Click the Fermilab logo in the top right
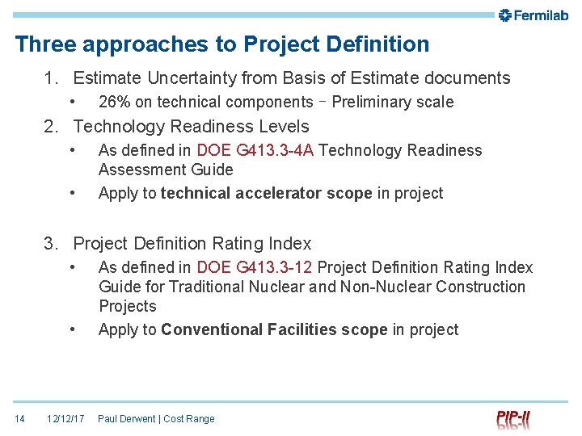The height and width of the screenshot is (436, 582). click(x=533, y=15)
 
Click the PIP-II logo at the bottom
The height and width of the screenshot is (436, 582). click(x=513, y=419)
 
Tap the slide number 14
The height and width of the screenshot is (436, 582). click(x=19, y=419)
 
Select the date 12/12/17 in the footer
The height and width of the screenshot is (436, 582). click(x=65, y=419)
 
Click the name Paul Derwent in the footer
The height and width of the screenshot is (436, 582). click(x=127, y=419)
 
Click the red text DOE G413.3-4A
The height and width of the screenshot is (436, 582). click(x=255, y=150)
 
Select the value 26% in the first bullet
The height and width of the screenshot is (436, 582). click(x=114, y=102)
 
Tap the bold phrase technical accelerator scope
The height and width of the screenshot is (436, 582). click(x=266, y=193)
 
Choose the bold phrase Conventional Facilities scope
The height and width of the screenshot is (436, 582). click(x=274, y=329)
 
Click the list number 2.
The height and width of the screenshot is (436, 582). click(x=51, y=127)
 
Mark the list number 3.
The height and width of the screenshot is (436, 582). click(x=51, y=244)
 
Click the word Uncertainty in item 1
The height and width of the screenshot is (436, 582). click(x=193, y=78)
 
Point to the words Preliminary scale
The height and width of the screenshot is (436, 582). click(x=393, y=102)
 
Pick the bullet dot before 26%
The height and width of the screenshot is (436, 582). click(x=73, y=102)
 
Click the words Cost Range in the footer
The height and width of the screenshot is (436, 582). click(x=189, y=419)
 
